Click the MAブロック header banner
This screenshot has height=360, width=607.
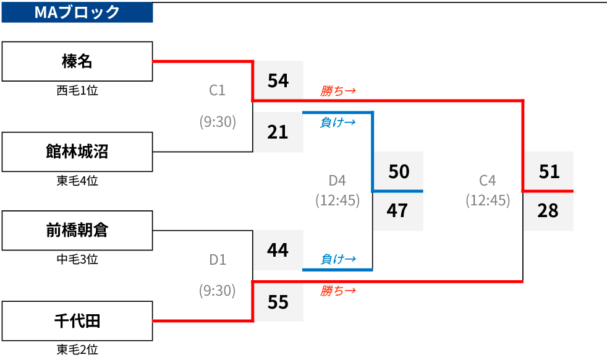pyautogui.click(x=77, y=12)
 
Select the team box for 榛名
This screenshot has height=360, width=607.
pyautogui.click(x=77, y=61)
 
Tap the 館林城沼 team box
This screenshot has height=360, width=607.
pyautogui.click(x=77, y=152)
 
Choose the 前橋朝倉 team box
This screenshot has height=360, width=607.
pyautogui.click(x=77, y=230)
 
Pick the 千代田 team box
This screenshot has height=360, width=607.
pyautogui.click(x=77, y=321)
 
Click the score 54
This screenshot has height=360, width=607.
pyautogui.click(x=278, y=80)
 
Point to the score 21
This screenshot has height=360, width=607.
pyautogui.click(x=278, y=132)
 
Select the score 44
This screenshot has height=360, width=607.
pyautogui.click(x=278, y=250)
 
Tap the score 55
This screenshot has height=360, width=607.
pyautogui.click(x=278, y=302)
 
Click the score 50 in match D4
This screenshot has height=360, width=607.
pyautogui.click(x=399, y=171)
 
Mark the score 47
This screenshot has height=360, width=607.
pyautogui.click(x=397, y=210)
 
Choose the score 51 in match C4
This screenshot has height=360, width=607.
pyautogui.click(x=549, y=171)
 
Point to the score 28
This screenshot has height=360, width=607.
pyautogui.click(x=548, y=210)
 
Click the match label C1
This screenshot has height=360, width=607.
pyautogui.click(x=217, y=90)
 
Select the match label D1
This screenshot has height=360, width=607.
pyautogui.click(x=218, y=260)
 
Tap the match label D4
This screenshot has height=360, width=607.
pyautogui.click(x=337, y=181)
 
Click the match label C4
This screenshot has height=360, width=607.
pyautogui.click(x=487, y=181)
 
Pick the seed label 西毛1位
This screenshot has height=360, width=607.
pyautogui.click(x=77, y=90)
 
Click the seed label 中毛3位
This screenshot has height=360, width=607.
pyautogui.click(x=77, y=259)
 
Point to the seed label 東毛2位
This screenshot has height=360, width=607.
pyautogui.click(x=77, y=349)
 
